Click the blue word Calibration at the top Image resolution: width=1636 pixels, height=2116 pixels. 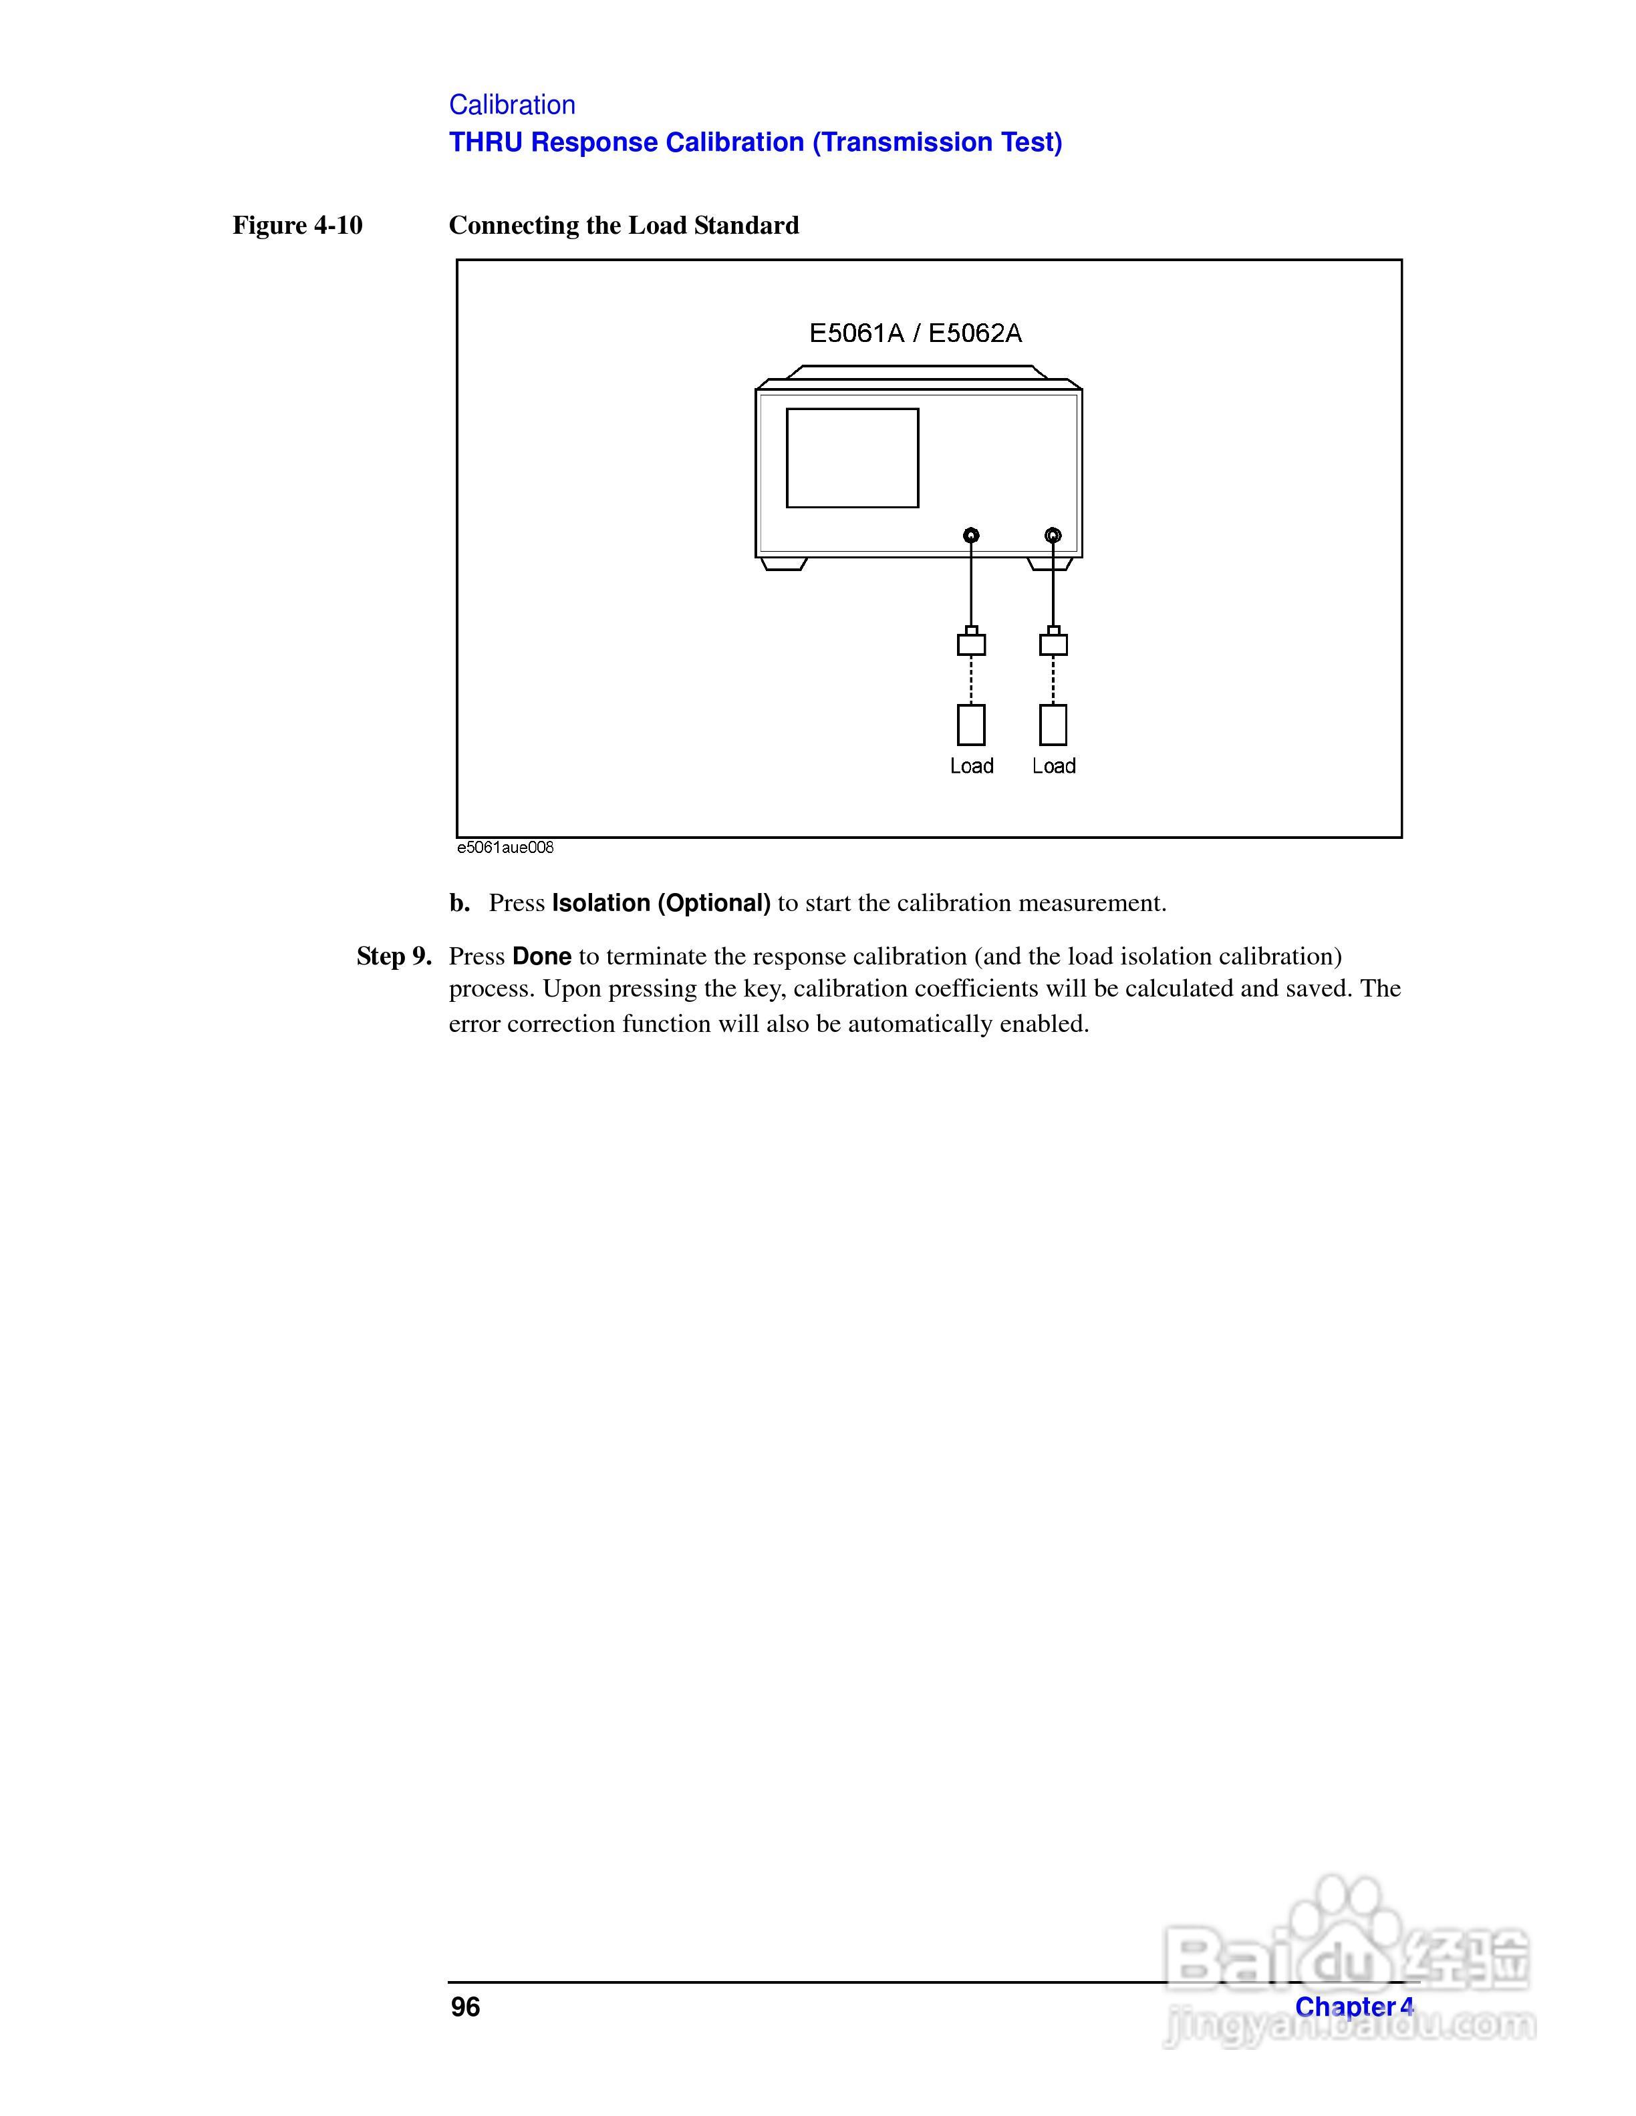click(x=512, y=105)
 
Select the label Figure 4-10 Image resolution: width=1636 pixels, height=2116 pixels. click(x=297, y=226)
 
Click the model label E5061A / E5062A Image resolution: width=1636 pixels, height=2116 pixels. click(x=915, y=333)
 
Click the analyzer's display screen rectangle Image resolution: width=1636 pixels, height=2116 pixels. click(x=852, y=458)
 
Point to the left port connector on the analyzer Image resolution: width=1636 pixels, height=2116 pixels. click(x=971, y=535)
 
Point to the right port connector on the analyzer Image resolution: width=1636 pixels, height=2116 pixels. click(x=1053, y=535)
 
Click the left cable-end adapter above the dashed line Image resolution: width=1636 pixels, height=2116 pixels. click(x=971, y=643)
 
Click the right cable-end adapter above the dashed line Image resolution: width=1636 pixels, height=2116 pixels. click(x=1053, y=643)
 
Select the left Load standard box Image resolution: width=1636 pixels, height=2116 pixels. click(x=971, y=725)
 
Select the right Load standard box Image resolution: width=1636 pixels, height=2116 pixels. click(x=1053, y=725)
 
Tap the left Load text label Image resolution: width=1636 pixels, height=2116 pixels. click(x=971, y=766)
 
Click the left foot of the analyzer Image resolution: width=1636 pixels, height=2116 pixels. click(x=784, y=564)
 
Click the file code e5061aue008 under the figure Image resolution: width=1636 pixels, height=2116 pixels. click(x=505, y=848)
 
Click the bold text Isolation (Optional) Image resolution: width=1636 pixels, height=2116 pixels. click(x=661, y=903)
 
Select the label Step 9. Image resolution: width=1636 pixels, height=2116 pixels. click(x=394, y=956)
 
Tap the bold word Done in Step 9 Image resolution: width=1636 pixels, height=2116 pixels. click(x=542, y=956)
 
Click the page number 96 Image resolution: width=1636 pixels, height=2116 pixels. click(x=465, y=2008)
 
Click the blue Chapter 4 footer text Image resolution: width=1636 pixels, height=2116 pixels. click(x=1354, y=2008)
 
